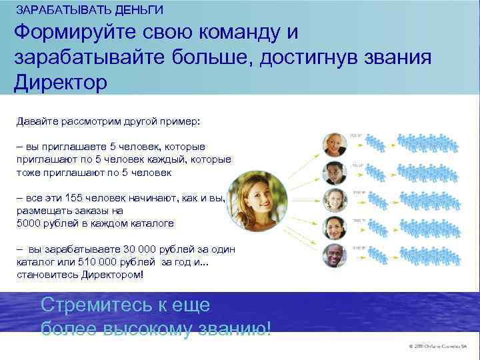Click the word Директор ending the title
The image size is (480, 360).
pyautogui.click(x=60, y=83)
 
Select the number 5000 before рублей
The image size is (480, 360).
pyautogui.click(x=28, y=223)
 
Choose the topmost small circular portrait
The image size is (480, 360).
pyautogui.click(x=333, y=143)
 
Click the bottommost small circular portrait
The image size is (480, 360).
pyautogui.click(x=333, y=255)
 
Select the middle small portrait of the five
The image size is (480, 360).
pyautogui.click(x=333, y=199)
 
